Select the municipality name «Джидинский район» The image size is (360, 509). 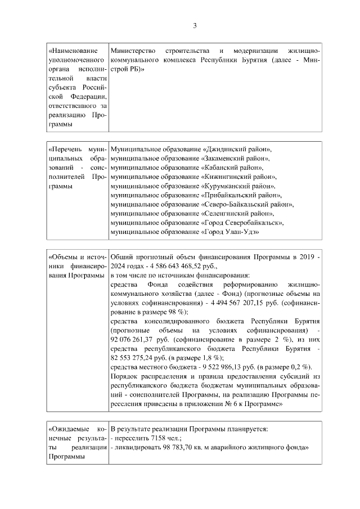tap(236, 150)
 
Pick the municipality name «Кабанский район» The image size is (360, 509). tap(231, 168)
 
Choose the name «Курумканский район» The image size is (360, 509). tap(238, 186)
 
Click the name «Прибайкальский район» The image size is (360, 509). tap(241, 195)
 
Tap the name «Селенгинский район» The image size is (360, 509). tap(238, 213)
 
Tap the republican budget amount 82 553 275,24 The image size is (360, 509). tap(134, 357)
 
